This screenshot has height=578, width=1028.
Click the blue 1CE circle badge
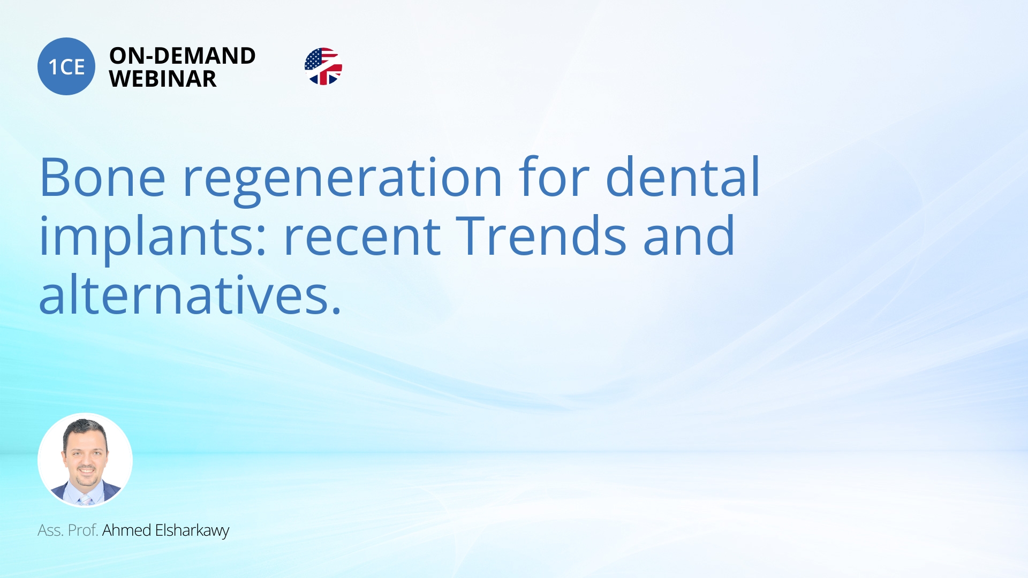pyautogui.click(x=66, y=66)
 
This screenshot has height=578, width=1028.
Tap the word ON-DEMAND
pyautogui.click(x=183, y=56)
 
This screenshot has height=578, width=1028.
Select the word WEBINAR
pyautogui.click(x=163, y=79)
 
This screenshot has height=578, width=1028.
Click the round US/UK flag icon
pyautogui.click(x=323, y=66)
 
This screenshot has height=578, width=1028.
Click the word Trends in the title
pyautogui.click(x=541, y=235)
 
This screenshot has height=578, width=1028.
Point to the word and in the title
pyautogui.click(x=689, y=235)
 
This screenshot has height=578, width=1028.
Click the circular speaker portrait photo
pyautogui.click(x=85, y=460)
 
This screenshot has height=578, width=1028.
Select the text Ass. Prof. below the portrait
pyautogui.click(x=67, y=530)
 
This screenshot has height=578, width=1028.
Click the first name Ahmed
pyautogui.click(x=126, y=530)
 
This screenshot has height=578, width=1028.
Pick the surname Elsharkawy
pyautogui.click(x=192, y=530)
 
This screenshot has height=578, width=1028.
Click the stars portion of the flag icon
pyautogui.click(x=314, y=59)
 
